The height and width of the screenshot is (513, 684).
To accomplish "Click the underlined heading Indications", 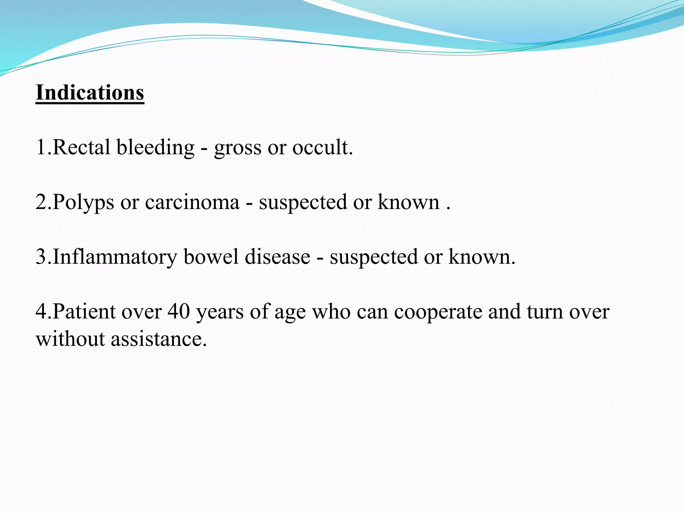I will tap(90, 93).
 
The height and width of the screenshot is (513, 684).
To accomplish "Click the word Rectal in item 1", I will tap(81, 147).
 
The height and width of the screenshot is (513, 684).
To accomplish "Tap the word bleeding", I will tap(155, 147).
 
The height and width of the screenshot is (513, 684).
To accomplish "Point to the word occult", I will tap(322, 147).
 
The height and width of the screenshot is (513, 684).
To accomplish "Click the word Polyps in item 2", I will tap(83, 203).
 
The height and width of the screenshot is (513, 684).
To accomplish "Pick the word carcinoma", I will tap(192, 202).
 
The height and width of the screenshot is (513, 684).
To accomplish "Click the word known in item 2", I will tap(408, 202).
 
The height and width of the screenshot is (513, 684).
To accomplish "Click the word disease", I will tap(278, 257).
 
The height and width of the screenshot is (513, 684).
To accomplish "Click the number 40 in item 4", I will tap(179, 312).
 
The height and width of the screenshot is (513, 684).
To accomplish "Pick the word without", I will tap(70, 339).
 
